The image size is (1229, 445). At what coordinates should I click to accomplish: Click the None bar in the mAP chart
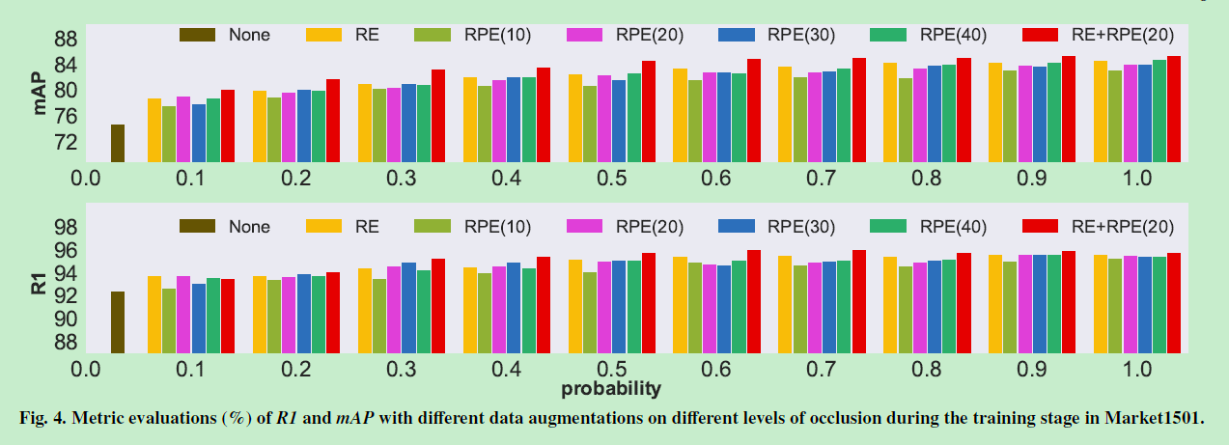point(117,143)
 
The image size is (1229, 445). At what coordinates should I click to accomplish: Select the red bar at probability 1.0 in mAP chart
point(1174,108)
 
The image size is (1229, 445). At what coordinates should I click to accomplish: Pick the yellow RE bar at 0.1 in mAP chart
point(154,129)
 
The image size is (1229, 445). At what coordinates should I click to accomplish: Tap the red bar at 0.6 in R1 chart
point(753,300)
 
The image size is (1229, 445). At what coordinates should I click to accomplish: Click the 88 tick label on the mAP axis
point(64,40)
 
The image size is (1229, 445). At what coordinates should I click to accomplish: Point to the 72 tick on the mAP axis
point(64,142)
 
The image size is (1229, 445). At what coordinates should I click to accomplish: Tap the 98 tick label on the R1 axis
point(64,228)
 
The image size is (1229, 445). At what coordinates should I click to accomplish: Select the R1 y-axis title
point(41,283)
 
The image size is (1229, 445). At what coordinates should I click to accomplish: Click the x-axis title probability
point(612,389)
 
